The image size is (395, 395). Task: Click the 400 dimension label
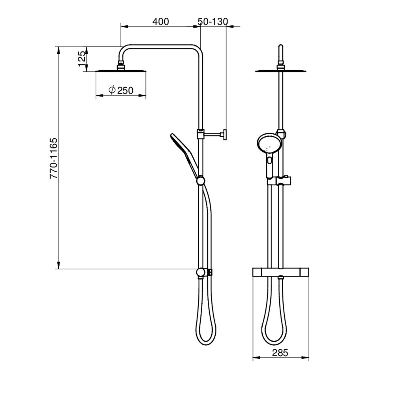click(160, 22)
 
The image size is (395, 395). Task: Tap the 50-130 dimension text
click(213, 22)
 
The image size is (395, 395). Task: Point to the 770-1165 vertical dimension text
click(53, 158)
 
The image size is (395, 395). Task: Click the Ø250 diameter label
click(121, 90)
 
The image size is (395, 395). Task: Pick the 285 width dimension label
click(280, 353)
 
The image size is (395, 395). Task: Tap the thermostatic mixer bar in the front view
click(280, 272)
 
